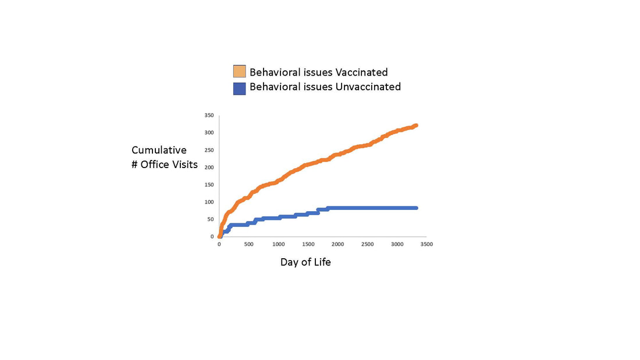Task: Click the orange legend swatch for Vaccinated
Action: [239, 72]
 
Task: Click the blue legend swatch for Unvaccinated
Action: [239, 88]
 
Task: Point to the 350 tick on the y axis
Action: [208, 115]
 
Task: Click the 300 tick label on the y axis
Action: [208, 133]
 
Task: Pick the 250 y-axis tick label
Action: [208, 150]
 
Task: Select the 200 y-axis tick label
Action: [208, 167]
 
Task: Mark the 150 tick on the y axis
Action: [208, 185]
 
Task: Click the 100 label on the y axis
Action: [208, 202]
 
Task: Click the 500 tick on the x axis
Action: [249, 244]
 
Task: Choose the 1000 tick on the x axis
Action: [279, 244]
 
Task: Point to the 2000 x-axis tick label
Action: [338, 244]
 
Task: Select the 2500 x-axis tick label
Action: [368, 244]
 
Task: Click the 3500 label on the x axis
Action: [427, 244]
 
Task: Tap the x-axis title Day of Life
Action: [305, 262]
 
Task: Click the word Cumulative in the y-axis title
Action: [159, 150]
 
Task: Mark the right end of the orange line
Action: [416, 126]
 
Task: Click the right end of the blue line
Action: [416, 208]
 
